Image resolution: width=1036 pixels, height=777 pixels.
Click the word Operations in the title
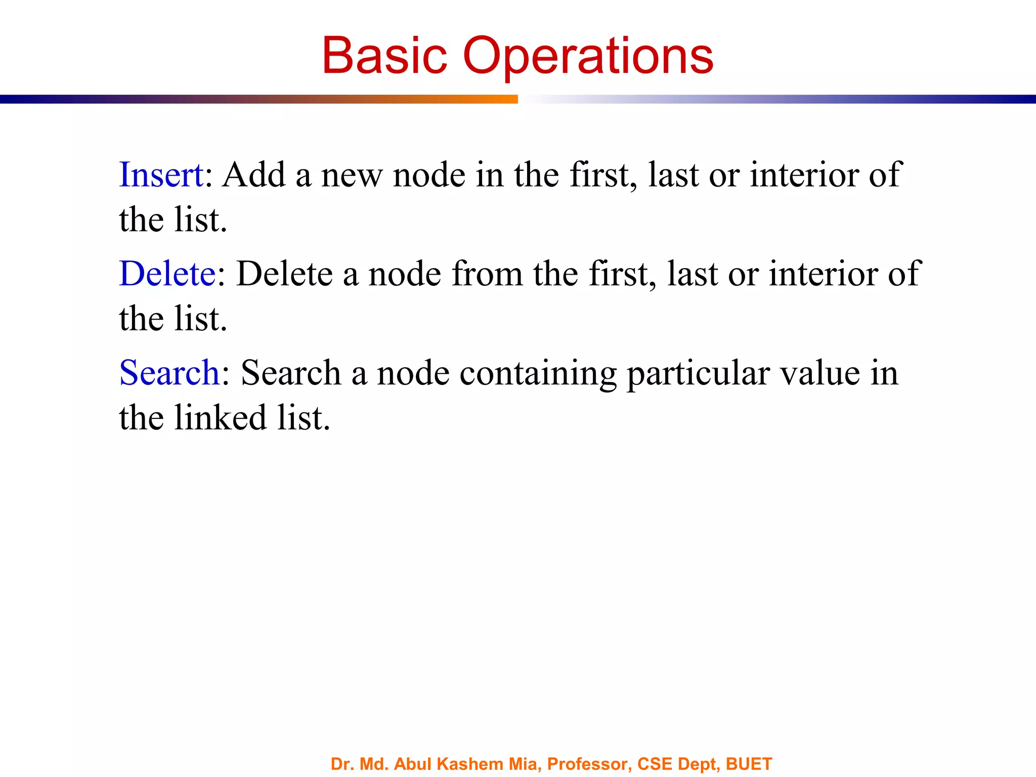pos(588,57)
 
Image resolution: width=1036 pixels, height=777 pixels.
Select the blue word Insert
pos(161,175)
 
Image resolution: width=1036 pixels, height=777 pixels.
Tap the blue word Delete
pos(167,274)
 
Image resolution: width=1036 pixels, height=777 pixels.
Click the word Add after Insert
pos(253,175)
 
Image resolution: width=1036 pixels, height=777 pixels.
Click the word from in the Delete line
pos(487,274)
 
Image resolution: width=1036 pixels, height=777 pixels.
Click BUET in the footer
pos(749,764)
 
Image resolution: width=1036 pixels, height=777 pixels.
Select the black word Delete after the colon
pos(285,274)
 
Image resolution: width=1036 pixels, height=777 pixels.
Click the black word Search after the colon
pos(291,373)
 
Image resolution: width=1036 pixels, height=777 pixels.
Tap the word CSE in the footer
pos(655,764)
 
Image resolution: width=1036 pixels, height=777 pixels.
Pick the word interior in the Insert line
pos(804,175)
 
